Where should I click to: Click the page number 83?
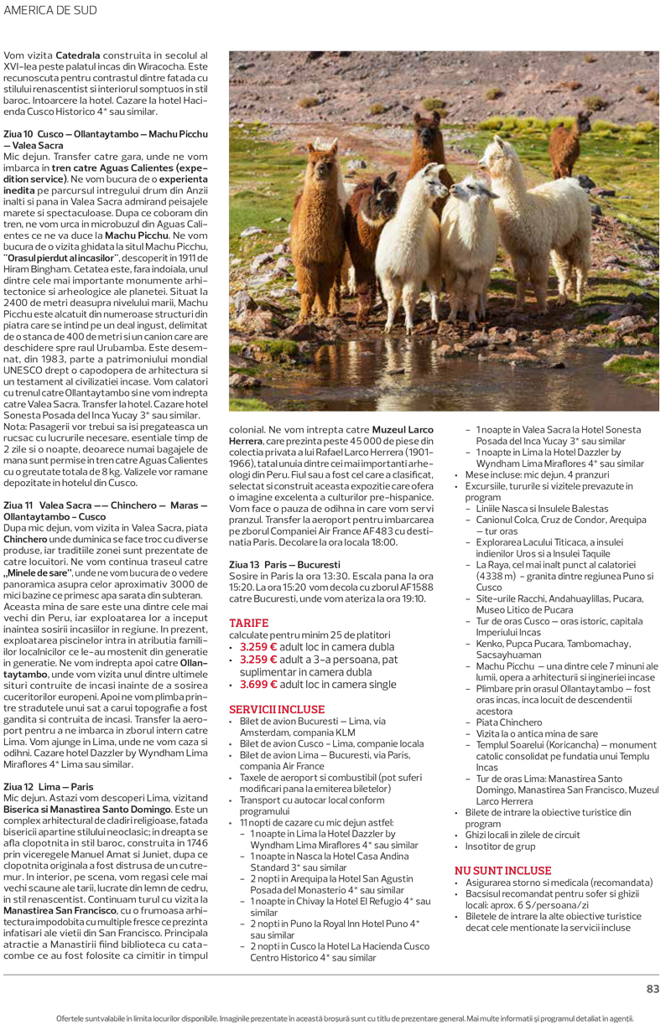[x=653, y=989]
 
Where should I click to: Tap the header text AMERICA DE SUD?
[x=51, y=10]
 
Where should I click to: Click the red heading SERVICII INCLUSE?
[x=277, y=709]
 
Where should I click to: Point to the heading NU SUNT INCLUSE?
[x=502, y=871]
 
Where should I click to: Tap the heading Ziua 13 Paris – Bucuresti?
[x=284, y=565]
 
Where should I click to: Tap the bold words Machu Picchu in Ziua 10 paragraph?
[x=138, y=236]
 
